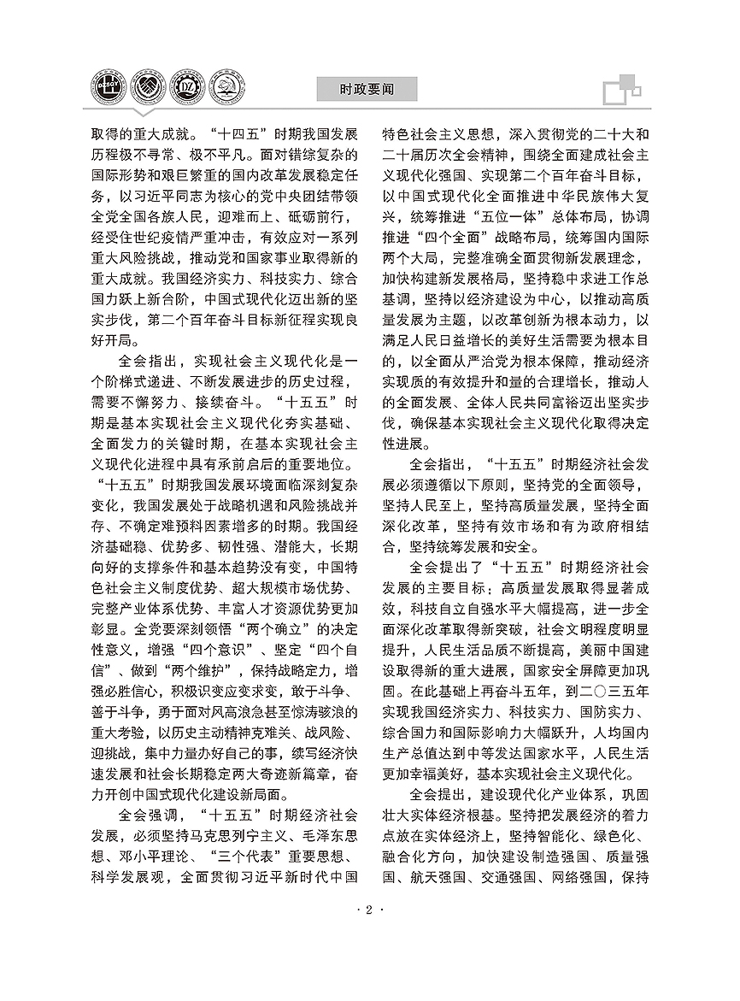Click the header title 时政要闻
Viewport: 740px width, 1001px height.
click(x=366, y=88)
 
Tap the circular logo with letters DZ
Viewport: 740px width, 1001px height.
click(x=186, y=89)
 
